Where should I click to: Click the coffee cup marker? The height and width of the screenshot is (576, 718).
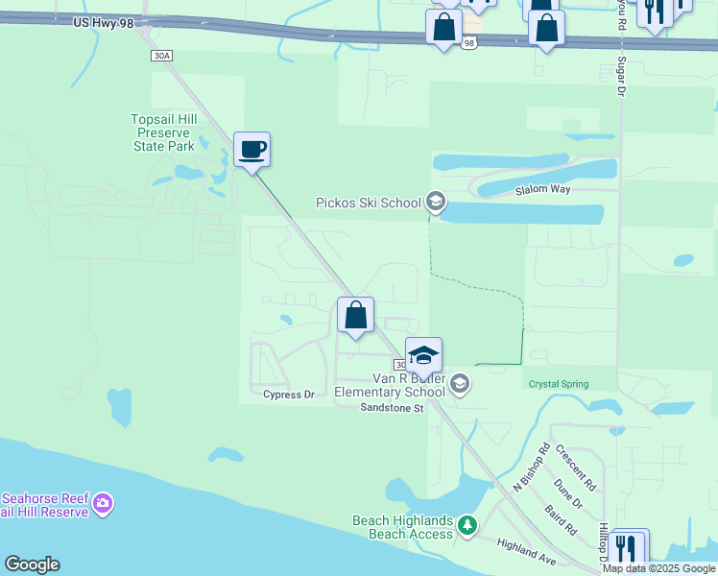(251, 150)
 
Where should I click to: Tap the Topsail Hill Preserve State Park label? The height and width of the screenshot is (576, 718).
(163, 132)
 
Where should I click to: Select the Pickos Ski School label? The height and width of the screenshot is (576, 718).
(369, 203)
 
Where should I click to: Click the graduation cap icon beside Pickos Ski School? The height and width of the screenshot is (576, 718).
(435, 202)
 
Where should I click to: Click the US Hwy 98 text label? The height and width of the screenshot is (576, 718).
(103, 22)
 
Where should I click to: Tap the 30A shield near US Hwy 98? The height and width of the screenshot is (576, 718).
(161, 56)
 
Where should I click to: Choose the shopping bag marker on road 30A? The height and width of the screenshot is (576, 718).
(355, 315)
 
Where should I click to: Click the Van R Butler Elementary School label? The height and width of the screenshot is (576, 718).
(390, 385)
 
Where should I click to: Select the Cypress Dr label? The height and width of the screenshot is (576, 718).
(289, 395)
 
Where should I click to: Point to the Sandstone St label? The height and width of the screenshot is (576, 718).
(392, 408)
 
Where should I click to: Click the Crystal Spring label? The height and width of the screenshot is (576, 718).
(557, 384)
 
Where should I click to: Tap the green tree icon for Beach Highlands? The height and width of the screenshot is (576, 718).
(467, 525)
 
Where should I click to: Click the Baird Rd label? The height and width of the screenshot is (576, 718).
(559, 519)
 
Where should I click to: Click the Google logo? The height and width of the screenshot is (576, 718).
(32, 564)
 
